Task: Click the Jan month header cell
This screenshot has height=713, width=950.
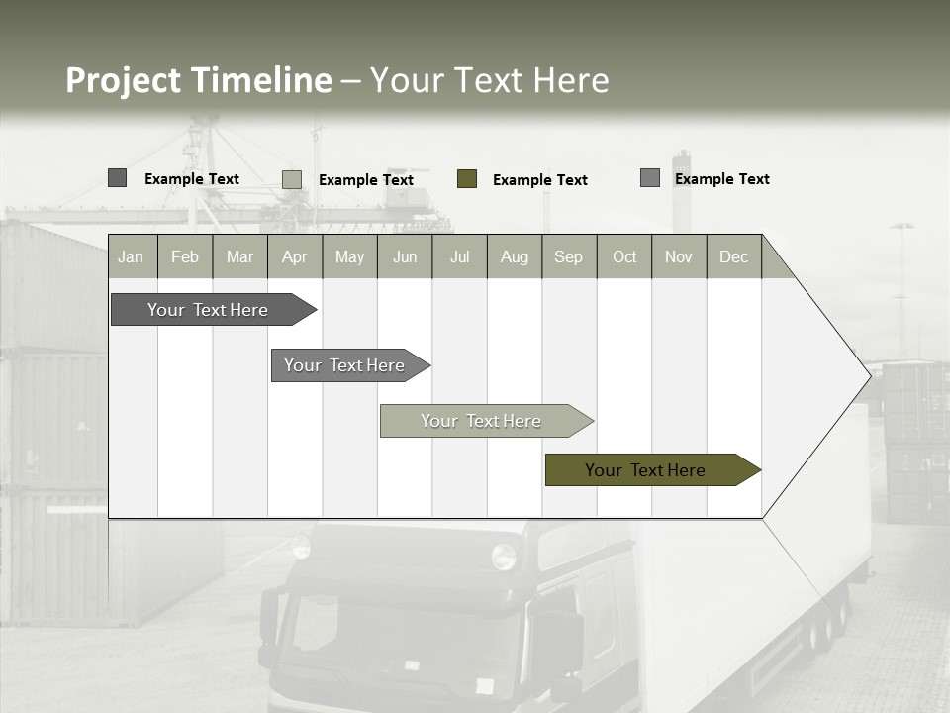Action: pos(131,256)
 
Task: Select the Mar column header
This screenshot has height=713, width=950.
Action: pos(239,256)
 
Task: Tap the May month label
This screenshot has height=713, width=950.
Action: pos(349,256)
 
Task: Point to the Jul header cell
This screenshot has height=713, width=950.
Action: pos(459,256)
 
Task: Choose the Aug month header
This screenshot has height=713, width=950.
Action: pos(515,256)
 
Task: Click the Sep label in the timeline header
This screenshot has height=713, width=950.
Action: pos(568,256)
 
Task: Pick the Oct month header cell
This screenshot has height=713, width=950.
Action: pos(624,256)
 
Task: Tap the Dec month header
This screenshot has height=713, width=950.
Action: pos(733,256)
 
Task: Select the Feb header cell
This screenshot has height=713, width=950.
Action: pos(185,256)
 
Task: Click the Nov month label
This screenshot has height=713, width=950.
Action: pos(679,256)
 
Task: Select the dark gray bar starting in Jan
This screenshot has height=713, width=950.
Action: pos(208,310)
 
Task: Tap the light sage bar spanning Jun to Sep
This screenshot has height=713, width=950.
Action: pos(482,421)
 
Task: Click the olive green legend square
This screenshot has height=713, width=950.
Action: pos(467,179)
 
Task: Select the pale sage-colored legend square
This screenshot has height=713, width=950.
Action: pos(292,179)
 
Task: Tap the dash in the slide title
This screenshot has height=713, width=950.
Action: pos(350,81)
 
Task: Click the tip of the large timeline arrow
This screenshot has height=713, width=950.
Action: pos(869,375)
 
